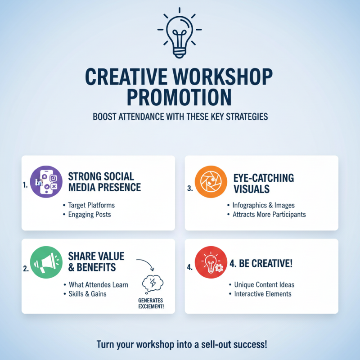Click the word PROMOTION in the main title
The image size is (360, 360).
180,96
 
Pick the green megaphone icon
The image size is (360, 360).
45,262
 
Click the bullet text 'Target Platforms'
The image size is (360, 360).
91,205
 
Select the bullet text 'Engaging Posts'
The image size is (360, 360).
90,214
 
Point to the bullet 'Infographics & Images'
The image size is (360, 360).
261,205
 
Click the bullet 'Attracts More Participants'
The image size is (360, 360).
269,214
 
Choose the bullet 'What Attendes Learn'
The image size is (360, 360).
98,285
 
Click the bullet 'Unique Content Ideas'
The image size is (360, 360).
264,285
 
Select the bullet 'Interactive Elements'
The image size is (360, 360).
263,294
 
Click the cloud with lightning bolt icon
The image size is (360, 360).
151,283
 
